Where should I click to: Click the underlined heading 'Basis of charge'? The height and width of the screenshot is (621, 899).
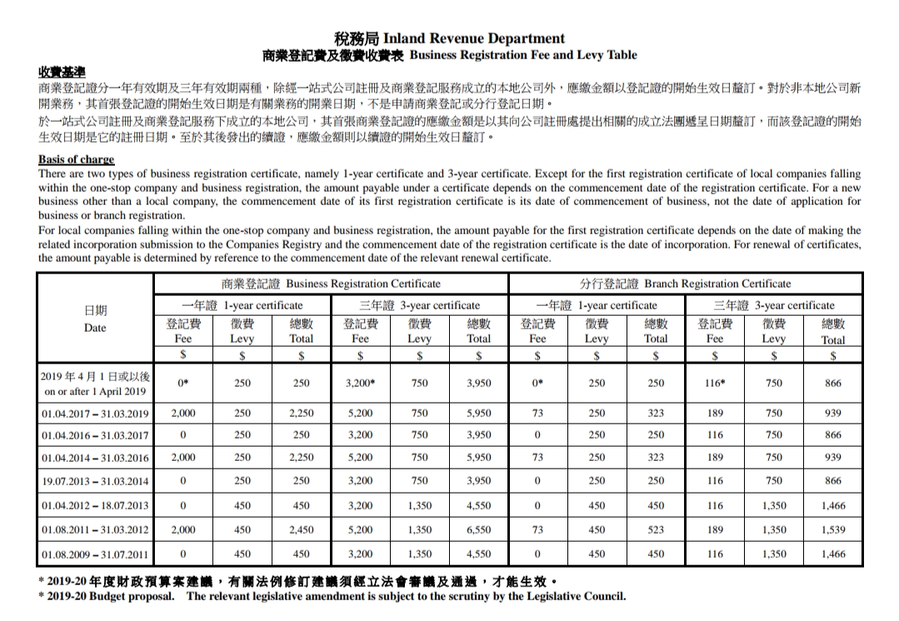click(x=76, y=159)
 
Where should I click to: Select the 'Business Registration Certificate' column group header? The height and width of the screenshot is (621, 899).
click(x=330, y=283)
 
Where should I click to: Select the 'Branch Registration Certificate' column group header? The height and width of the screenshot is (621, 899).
click(x=685, y=283)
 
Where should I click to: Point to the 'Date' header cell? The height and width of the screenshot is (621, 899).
click(x=95, y=319)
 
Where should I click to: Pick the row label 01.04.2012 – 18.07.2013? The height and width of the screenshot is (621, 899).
click(x=95, y=505)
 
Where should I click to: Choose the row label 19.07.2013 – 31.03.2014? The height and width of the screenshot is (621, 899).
click(x=95, y=481)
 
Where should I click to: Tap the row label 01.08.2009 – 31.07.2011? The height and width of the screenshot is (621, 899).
click(x=95, y=553)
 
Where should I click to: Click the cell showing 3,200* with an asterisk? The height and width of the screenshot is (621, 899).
click(x=360, y=383)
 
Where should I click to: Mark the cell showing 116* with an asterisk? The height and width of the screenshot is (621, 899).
click(x=715, y=383)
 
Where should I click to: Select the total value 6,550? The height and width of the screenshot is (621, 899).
click(x=478, y=529)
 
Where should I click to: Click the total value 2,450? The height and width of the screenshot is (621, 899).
click(x=301, y=529)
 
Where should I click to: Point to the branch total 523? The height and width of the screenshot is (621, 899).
click(x=656, y=529)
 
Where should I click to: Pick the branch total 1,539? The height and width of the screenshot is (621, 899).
click(x=832, y=529)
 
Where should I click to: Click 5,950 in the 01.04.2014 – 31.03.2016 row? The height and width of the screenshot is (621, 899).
click(x=478, y=457)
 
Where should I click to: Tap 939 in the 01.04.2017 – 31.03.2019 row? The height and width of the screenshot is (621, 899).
click(x=832, y=413)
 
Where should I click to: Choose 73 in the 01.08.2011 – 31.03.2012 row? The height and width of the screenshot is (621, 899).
click(x=537, y=529)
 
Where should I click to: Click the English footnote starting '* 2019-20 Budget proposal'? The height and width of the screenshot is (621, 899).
click(x=332, y=596)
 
